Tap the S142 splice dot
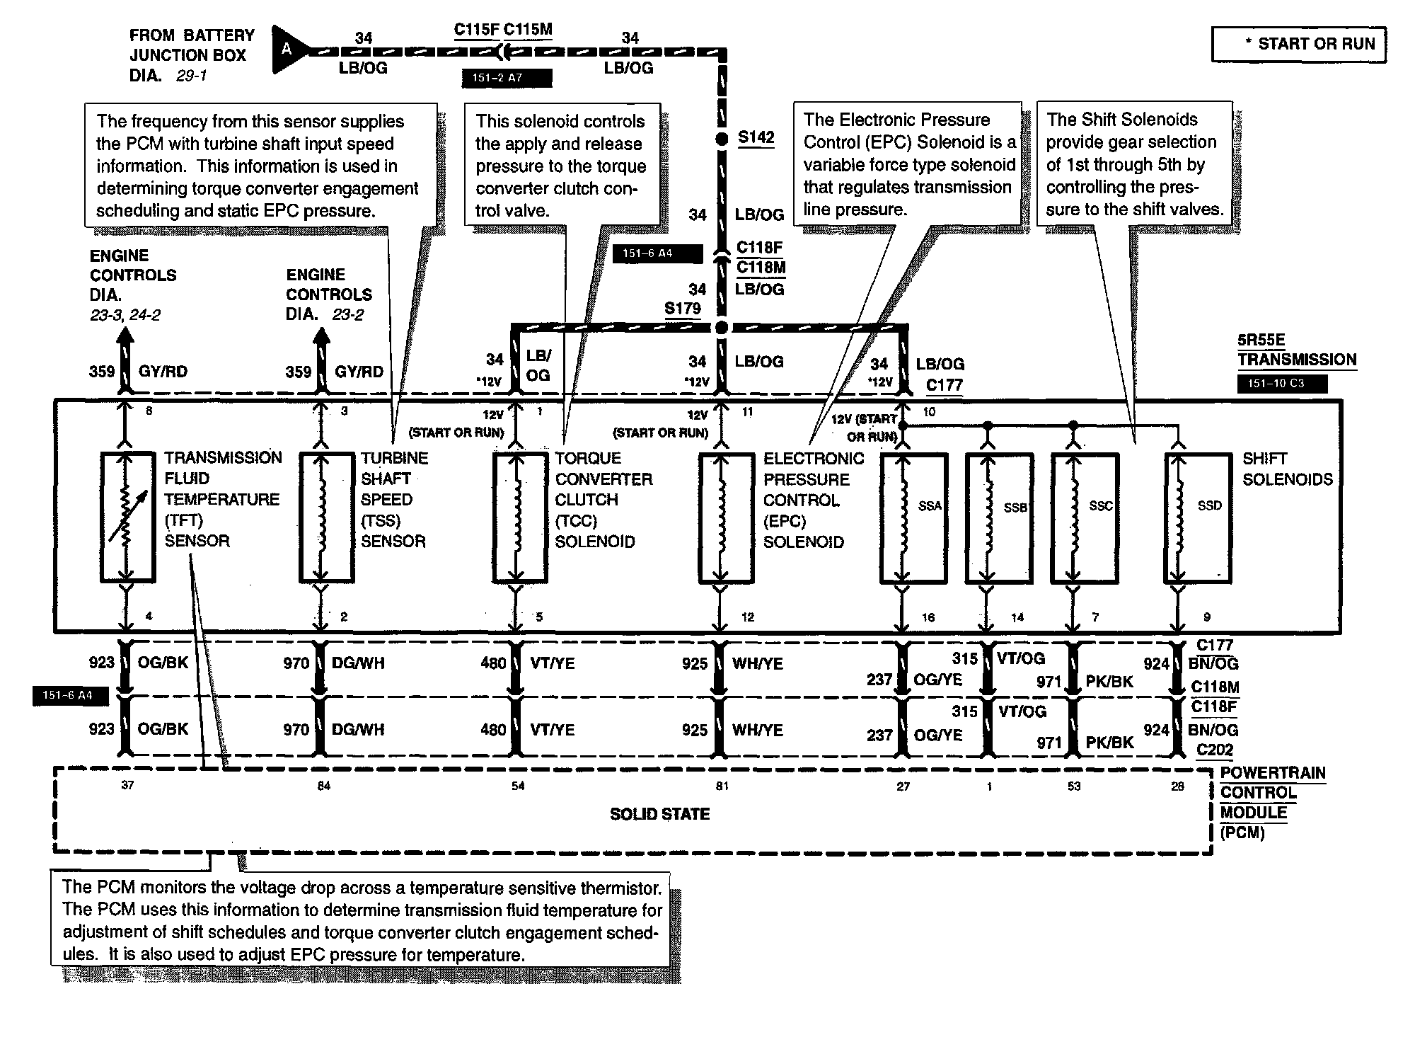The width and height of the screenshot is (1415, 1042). (x=722, y=139)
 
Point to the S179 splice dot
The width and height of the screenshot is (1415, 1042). (x=722, y=327)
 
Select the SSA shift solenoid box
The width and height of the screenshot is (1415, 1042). (x=913, y=518)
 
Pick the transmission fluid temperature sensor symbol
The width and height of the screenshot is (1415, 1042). (x=127, y=517)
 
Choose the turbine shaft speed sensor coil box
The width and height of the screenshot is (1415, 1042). (x=325, y=517)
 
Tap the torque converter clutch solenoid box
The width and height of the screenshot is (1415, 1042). (x=519, y=517)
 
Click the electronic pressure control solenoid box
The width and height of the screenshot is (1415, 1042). (x=725, y=517)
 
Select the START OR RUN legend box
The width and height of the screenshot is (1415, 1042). (x=1298, y=45)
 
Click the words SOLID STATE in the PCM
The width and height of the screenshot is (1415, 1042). (x=659, y=814)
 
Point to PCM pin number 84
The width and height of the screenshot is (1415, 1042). (x=323, y=786)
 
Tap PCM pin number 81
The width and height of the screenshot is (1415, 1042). (x=722, y=786)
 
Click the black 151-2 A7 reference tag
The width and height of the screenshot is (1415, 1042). (x=506, y=78)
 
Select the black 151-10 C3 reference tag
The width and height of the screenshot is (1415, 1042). (x=1281, y=384)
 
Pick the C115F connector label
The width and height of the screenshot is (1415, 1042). (x=476, y=30)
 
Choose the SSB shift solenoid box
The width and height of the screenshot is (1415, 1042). (x=999, y=518)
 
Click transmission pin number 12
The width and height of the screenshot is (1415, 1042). (x=748, y=617)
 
